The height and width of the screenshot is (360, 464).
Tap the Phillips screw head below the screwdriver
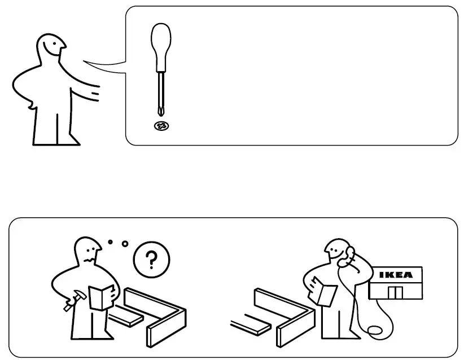pyautogui.click(x=161, y=125)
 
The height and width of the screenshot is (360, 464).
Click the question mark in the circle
pyautogui.click(x=151, y=260)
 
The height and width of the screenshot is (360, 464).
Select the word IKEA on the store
pyautogui.click(x=395, y=275)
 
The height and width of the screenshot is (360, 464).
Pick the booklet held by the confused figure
pyautogui.click(x=102, y=297)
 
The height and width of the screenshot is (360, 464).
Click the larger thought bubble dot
pyautogui.click(x=125, y=244)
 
